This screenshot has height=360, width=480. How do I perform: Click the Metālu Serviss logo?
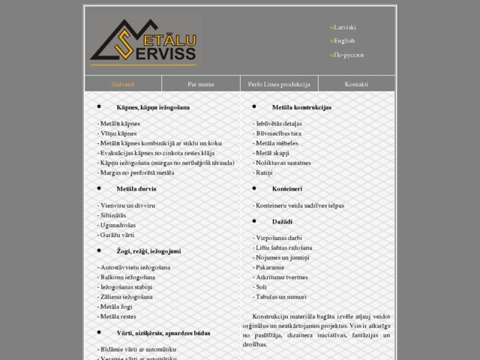(143, 41)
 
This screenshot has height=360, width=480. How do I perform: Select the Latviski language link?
(346, 27)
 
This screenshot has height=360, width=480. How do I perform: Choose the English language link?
(344, 40)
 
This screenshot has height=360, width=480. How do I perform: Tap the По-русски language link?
(349, 55)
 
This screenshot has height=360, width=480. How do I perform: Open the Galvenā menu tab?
(123, 84)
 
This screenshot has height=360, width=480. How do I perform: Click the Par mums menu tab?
(201, 84)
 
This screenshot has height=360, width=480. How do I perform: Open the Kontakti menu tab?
(356, 84)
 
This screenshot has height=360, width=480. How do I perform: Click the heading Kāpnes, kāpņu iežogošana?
(153, 107)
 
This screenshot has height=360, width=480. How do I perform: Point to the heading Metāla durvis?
(136, 189)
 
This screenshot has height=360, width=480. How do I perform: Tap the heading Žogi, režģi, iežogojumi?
(148, 250)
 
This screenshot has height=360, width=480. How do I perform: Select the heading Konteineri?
(287, 189)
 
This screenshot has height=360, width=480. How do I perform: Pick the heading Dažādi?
(283, 222)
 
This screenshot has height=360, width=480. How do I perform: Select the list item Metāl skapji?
(275, 152)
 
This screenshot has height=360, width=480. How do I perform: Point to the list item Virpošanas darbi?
(279, 238)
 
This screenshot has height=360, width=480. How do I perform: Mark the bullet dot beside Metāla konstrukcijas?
(253, 106)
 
